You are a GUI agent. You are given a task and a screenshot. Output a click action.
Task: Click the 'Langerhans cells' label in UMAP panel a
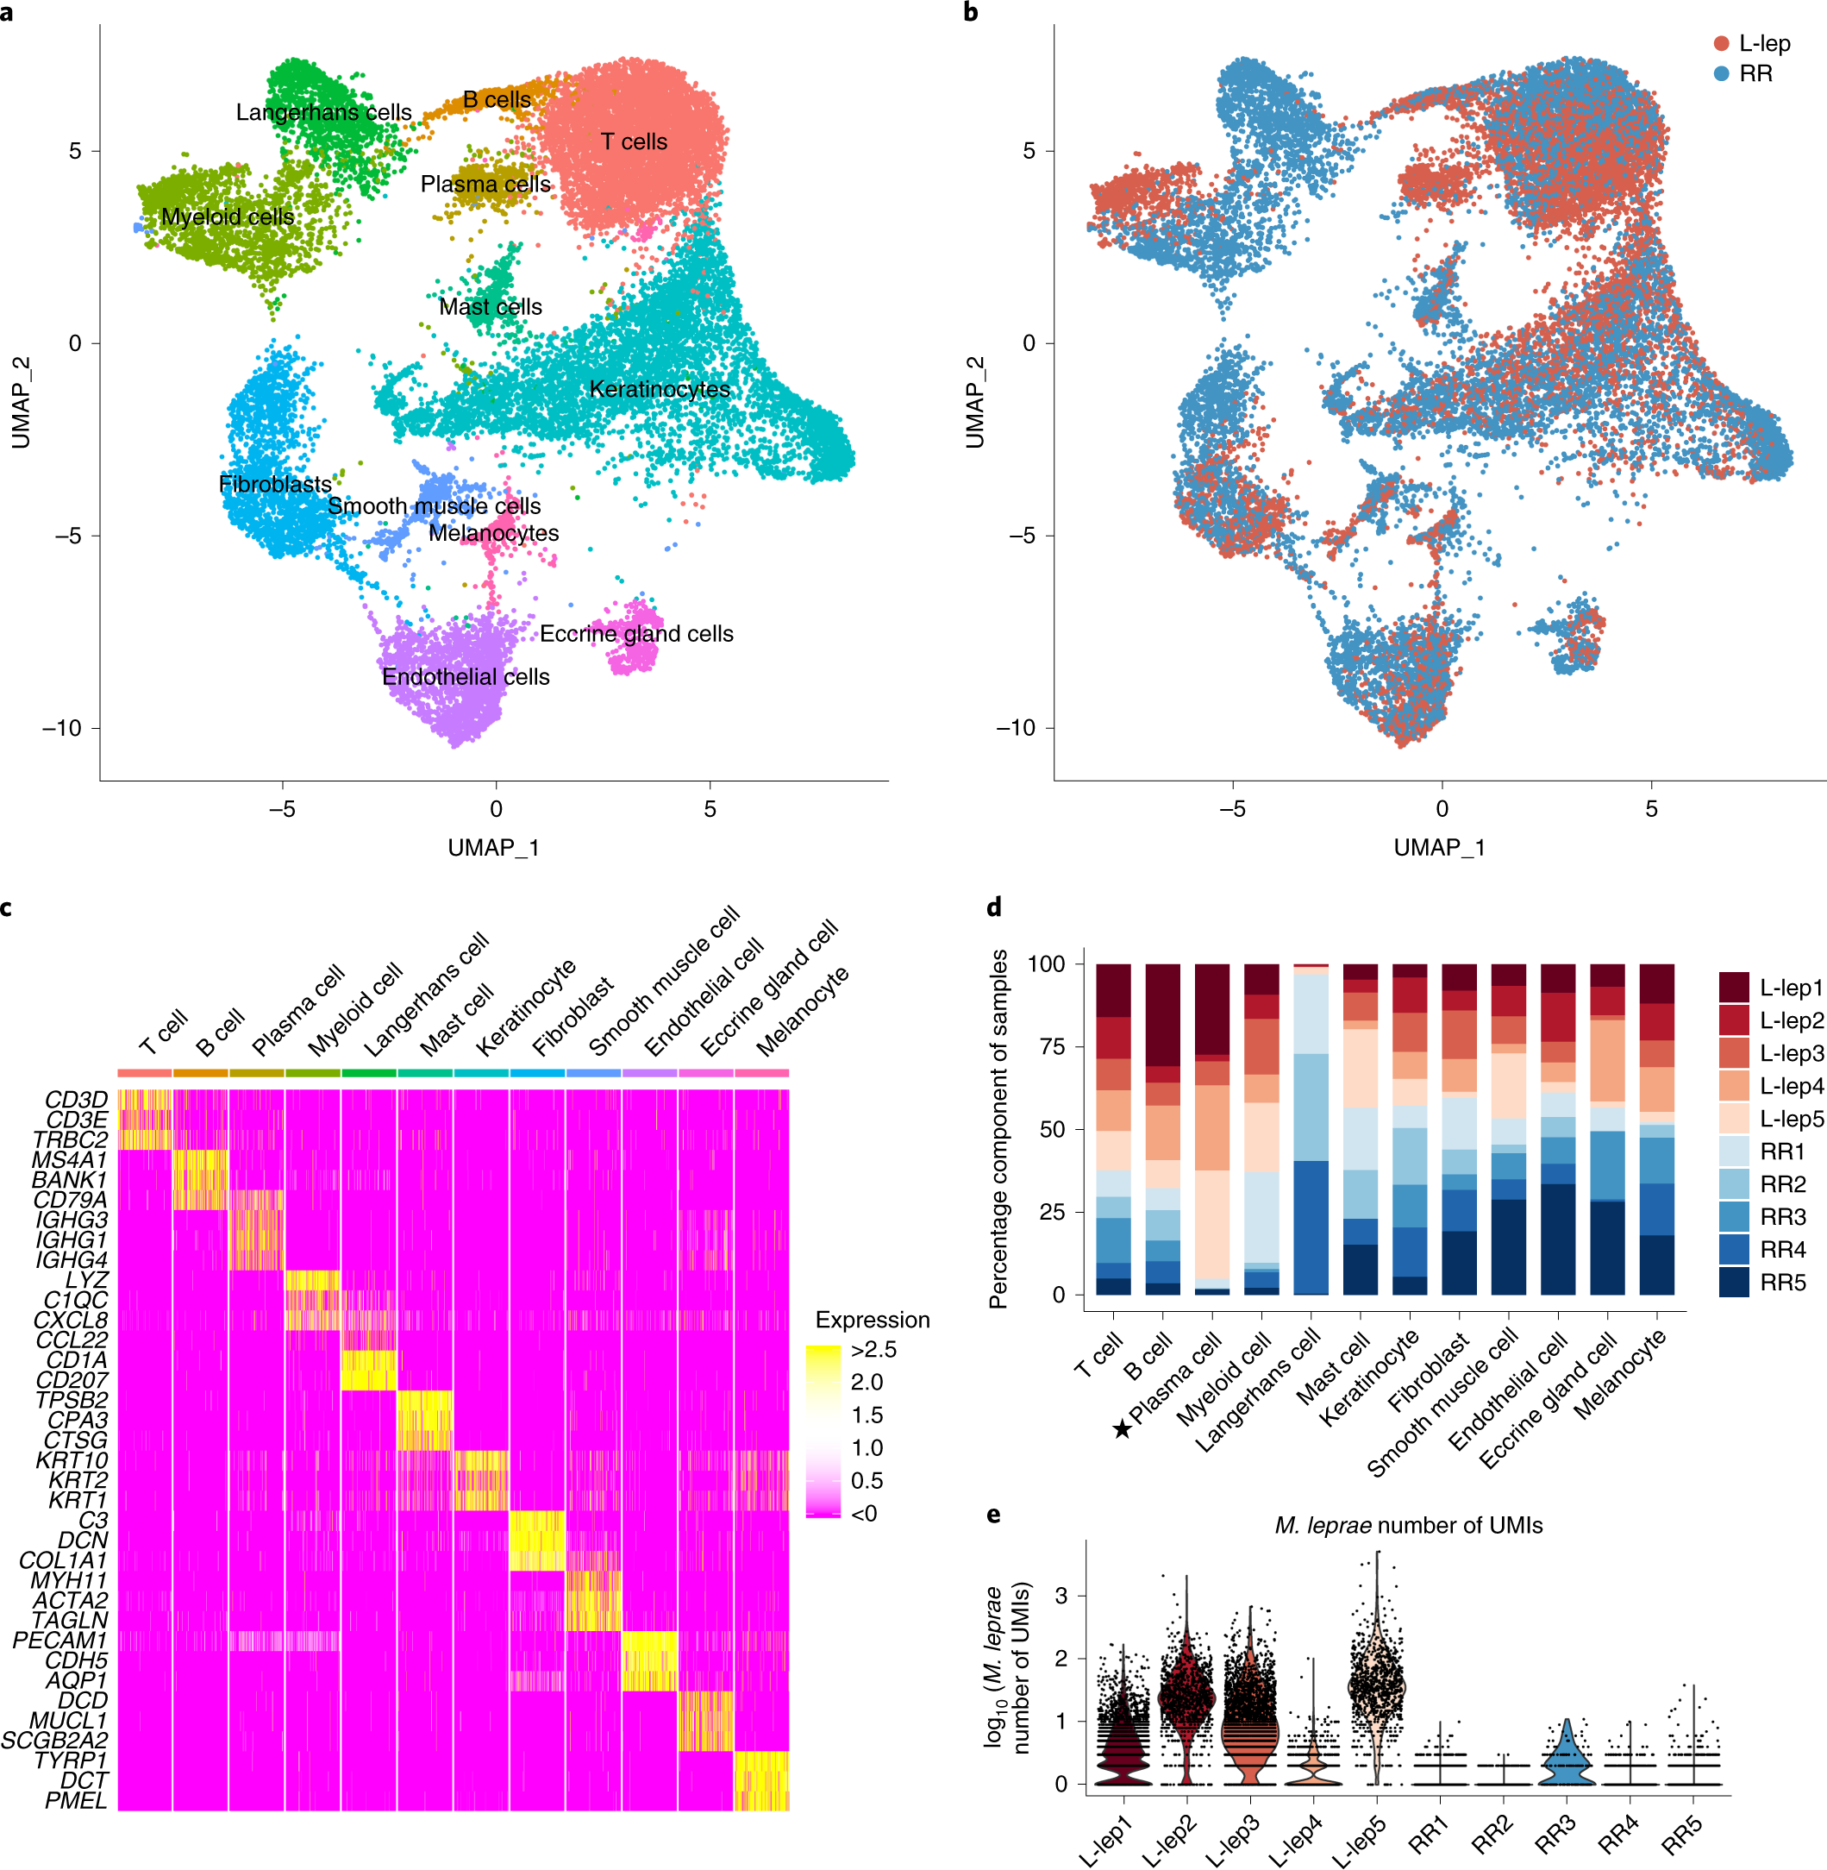(x=323, y=112)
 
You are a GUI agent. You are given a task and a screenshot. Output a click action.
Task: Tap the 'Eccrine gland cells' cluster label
(x=636, y=634)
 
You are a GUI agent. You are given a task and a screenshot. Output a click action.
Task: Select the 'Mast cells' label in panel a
(x=491, y=307)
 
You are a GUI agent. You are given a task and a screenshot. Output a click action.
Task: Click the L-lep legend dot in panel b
(x=1722, y=44)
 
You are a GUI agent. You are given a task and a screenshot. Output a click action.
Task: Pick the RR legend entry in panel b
(x=1754, y=74)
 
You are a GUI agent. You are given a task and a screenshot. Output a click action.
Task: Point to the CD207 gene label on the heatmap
(x=72, y=1379)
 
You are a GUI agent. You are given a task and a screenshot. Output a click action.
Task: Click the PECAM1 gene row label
(x=60, y=1640)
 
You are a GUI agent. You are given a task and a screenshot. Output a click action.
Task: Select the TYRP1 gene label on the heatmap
(x=71, y=1760)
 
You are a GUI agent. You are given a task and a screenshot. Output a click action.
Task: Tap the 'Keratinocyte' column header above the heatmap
(x=526, y=1008)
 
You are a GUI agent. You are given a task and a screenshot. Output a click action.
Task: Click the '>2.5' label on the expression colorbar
(x=873, y=1350)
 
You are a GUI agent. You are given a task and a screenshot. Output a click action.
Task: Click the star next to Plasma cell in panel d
(x=1122, y=1430)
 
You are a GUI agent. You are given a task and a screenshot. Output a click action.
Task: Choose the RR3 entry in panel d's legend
(x=1783, y=1217)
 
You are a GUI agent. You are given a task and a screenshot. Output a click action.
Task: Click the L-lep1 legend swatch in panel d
(x=1734, y=988)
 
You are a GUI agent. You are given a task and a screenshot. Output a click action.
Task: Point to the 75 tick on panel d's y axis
(x=1053, y=1046)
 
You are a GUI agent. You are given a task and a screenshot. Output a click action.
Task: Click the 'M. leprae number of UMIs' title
(x=1408, y=1525)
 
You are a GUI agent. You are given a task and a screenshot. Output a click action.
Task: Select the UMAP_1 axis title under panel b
(x=1439, y=848)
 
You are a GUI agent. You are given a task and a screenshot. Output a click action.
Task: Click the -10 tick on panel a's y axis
(x=61, y=728)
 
